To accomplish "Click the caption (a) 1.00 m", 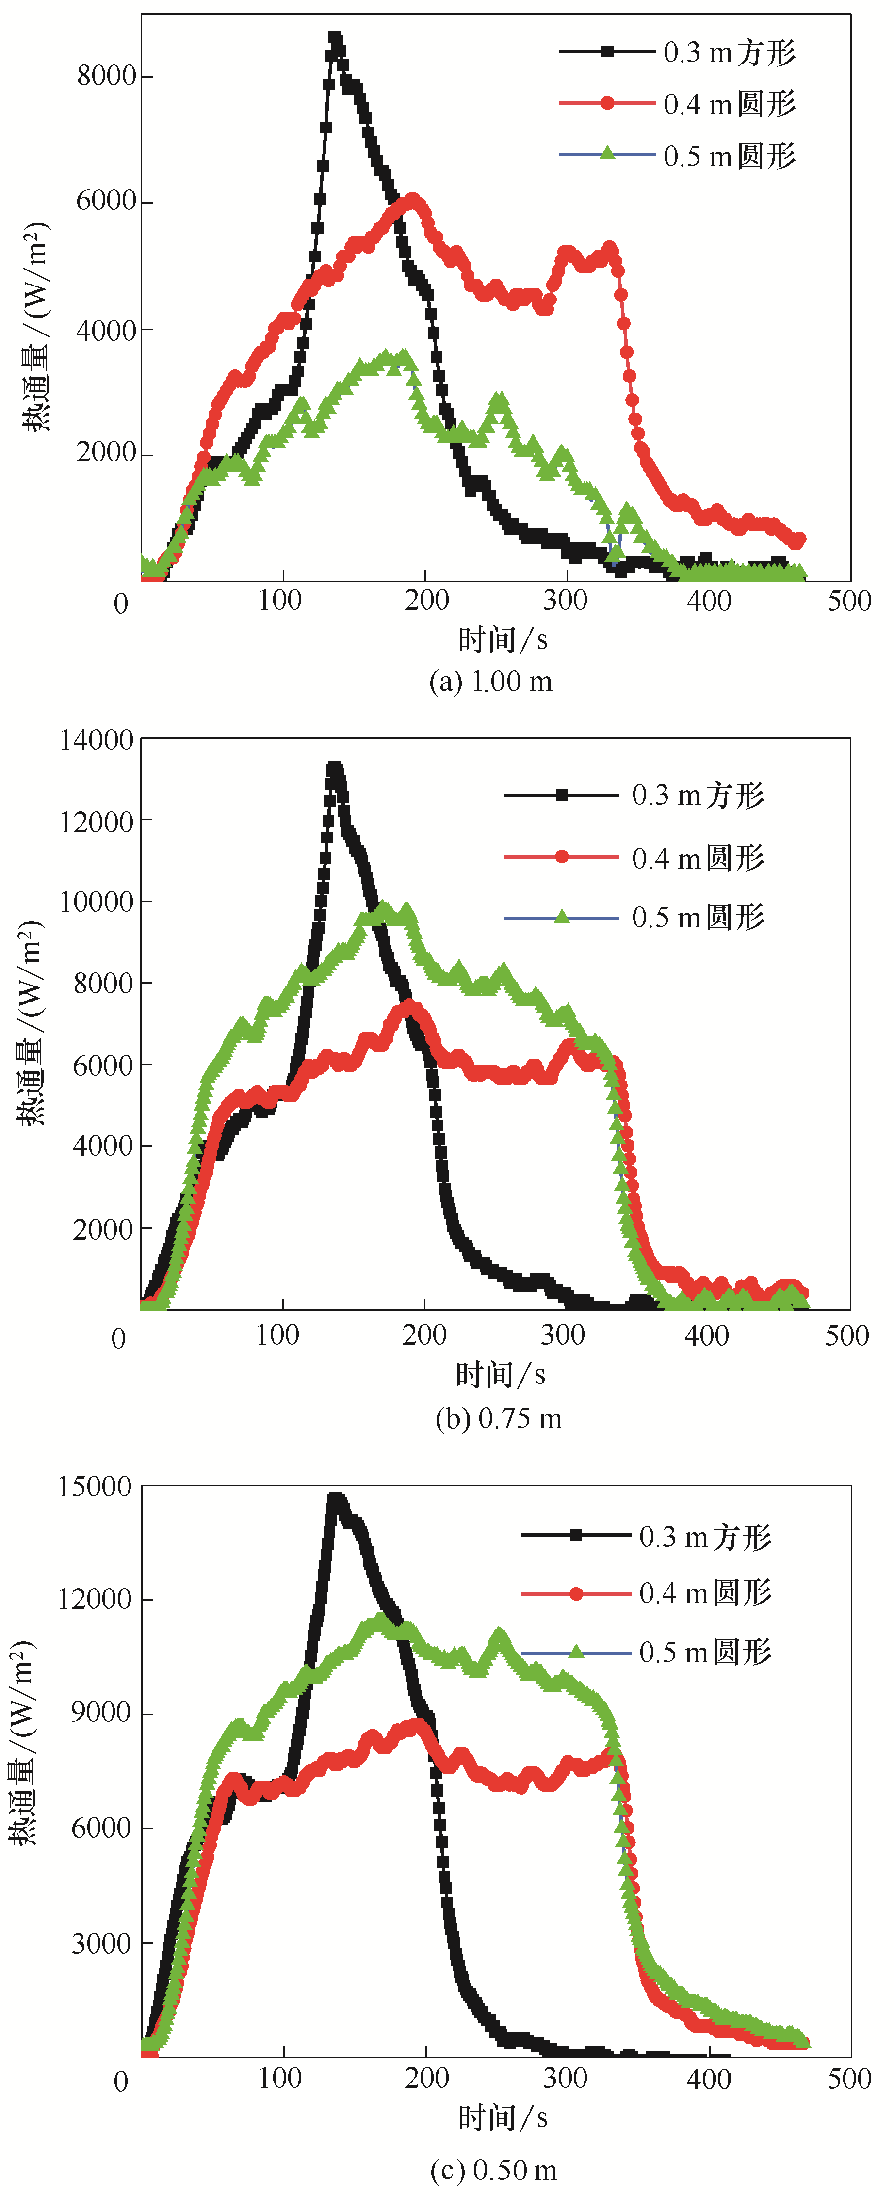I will point(491,682).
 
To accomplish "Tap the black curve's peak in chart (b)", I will point(335,768).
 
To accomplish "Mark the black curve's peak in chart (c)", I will point(337,1498).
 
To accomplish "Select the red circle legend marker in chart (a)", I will point(608,103).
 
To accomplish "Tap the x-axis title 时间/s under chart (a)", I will point(503,639).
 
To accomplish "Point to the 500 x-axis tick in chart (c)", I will point(849,2079).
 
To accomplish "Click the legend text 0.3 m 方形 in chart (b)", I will point(698,795).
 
